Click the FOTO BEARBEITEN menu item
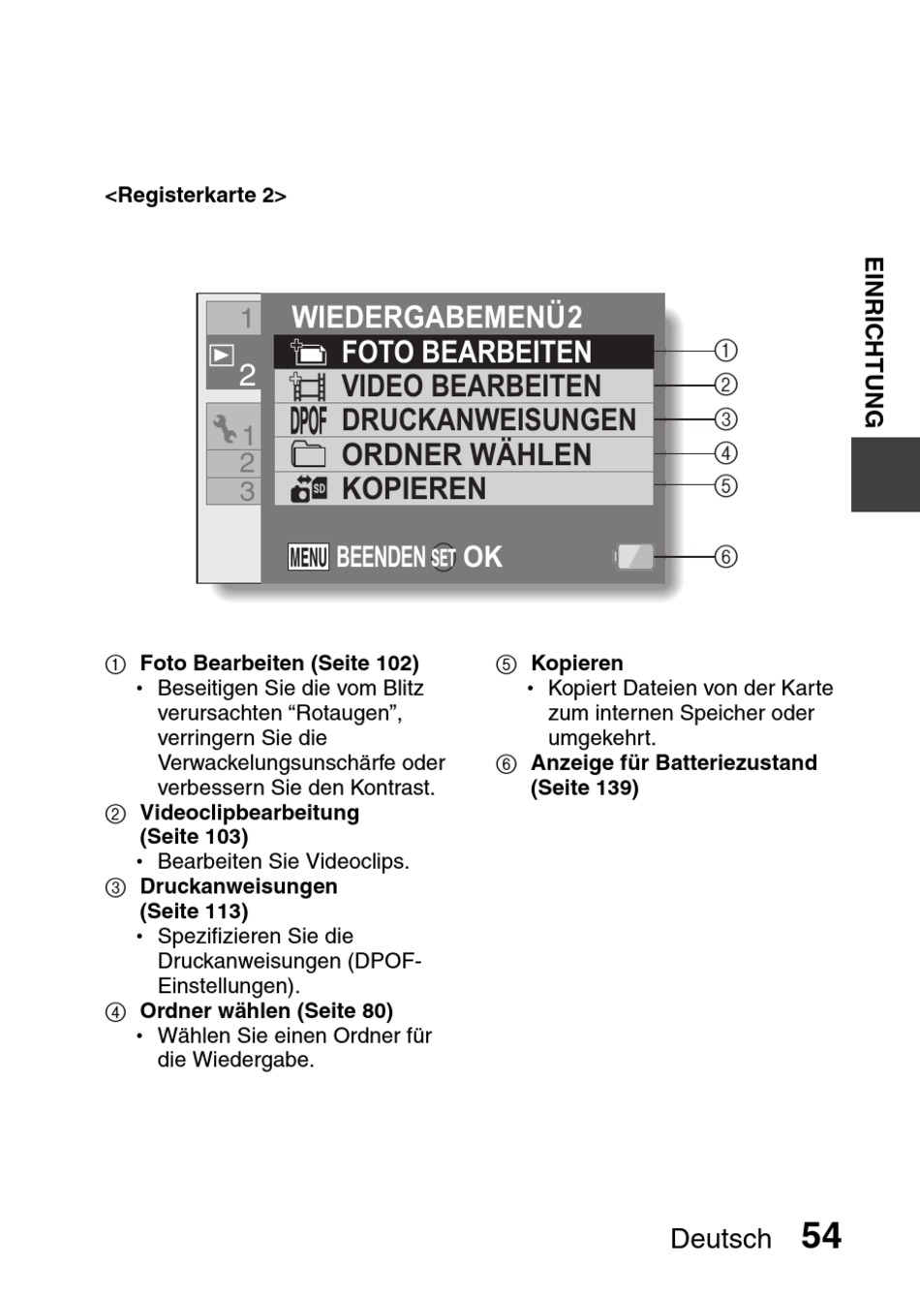(x=466, y=352)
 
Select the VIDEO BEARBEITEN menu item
(x=471, y=386)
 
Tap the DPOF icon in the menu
(x=308, y=420)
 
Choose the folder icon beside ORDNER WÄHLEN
(x=308, y=454)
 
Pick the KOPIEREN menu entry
(x=414, y=489)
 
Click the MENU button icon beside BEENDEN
(x=308, y=557)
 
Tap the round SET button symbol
(x=444, y=558)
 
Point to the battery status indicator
(x=635, y=557)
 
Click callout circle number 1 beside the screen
(x=725, y=351)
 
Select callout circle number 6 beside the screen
(x=725, y=557)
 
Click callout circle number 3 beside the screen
(x=725, y=419)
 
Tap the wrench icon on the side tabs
(x=224, y=427)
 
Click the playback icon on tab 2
(x=222, y=355)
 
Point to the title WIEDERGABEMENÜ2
(x=437, y=317)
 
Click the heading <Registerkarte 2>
(x=196, y=196)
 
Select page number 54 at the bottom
(x=821, y=1236)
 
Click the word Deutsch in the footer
(x=721, y=1239)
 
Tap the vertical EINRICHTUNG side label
(x=874, y=342)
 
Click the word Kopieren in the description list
(x=576, y=664)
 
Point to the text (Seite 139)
(x=584, y=788)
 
